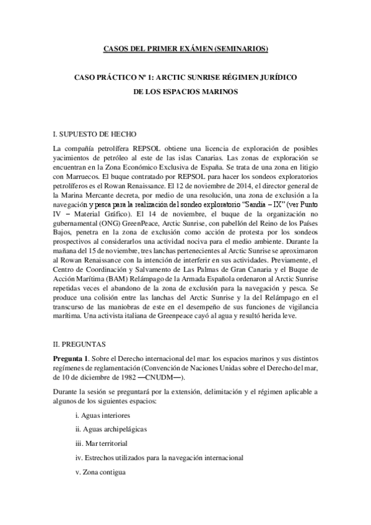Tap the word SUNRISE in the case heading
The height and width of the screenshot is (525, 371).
[x=198, y=80]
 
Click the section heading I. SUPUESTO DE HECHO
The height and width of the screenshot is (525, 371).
[x=94, y=134]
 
